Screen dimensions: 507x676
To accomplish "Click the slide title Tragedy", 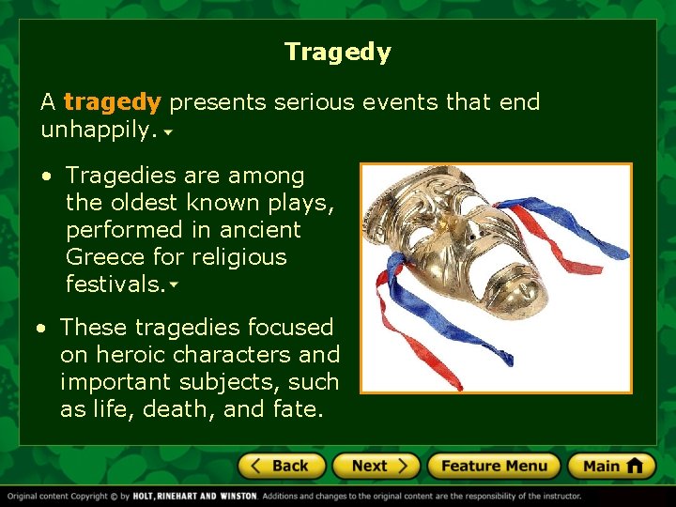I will [337, 52].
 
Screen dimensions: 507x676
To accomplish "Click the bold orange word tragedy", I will [113, 101].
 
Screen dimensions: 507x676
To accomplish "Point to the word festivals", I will [115, 284].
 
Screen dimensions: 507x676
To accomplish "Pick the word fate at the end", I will [297, 409].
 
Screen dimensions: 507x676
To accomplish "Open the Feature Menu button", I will [494, 466].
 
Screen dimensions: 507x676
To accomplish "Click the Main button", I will [611, 466].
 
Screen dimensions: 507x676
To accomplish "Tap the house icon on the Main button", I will [634, 466].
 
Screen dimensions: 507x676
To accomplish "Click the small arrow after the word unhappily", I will [167, 133].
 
